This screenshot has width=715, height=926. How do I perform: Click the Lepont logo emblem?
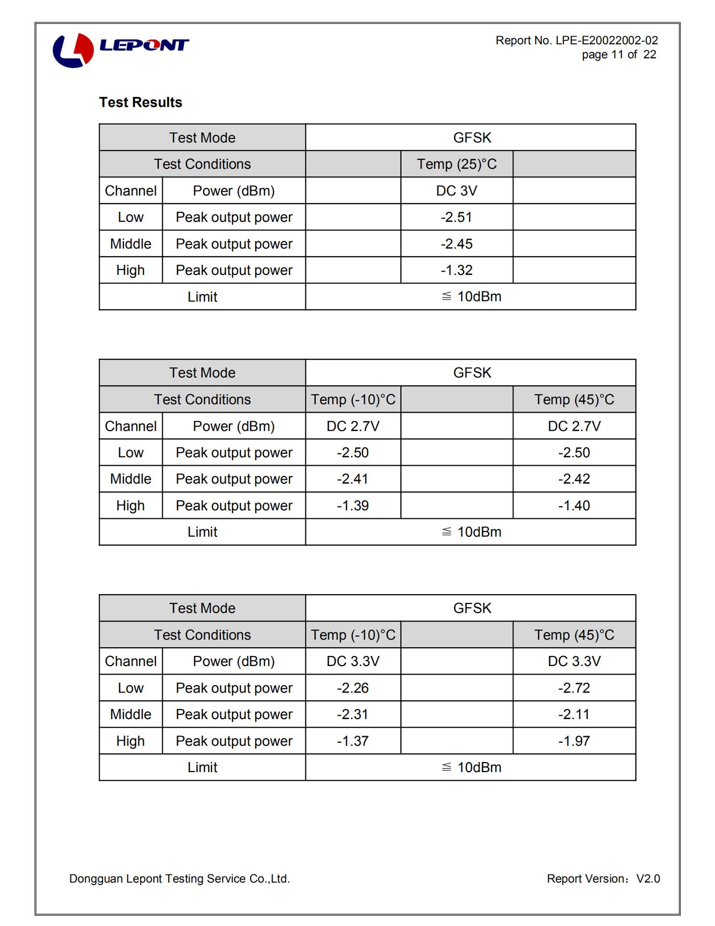[73, 50]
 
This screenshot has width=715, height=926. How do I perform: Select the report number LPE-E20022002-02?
[577, 41]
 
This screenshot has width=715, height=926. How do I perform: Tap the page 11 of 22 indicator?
[619, 54]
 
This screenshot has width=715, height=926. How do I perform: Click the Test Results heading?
[141, 102]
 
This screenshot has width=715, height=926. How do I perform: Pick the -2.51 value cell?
[456, 217]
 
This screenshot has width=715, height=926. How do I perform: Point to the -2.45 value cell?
[456, 244]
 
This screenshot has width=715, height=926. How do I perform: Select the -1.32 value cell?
[456, 270]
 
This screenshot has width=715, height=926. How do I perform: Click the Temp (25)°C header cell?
[456, 164]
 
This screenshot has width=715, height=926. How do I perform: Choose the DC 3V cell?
[456, 191]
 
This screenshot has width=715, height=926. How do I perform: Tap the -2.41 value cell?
[352, 479]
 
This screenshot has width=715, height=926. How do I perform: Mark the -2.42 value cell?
[574, 479]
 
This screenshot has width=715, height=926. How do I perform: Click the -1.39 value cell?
[352, 505]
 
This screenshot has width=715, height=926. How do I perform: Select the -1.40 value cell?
[574, 505]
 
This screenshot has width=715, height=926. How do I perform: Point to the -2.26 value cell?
[352, 688]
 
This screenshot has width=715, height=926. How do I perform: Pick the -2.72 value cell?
[574, 688]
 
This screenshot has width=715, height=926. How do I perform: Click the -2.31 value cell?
[352, 714]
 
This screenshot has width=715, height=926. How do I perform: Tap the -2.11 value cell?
[574, 714]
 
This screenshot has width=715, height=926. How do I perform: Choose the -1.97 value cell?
[574, 741]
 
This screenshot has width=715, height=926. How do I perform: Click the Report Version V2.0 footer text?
[603, 879]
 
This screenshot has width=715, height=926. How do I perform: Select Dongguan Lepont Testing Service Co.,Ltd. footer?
[179, 879]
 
